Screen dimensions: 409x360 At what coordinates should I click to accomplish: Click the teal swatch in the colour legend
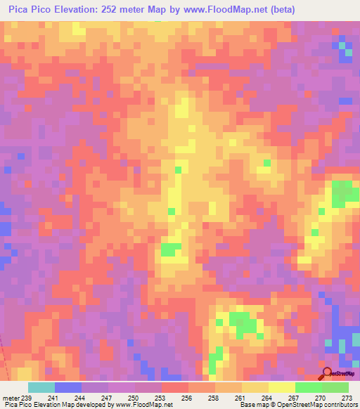41,387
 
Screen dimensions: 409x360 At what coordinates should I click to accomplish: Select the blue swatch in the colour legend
67,387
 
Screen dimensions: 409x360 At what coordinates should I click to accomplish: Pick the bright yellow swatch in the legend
281,387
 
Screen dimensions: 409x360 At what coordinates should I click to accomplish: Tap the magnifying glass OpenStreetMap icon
328,373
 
